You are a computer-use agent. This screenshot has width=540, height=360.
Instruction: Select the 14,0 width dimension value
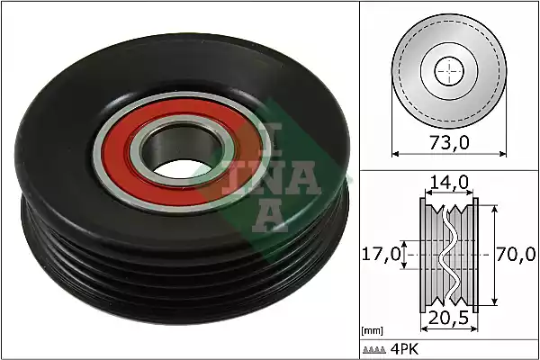[x=447, y=182]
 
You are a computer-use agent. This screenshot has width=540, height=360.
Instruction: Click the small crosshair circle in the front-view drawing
[x=447, y=69]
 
